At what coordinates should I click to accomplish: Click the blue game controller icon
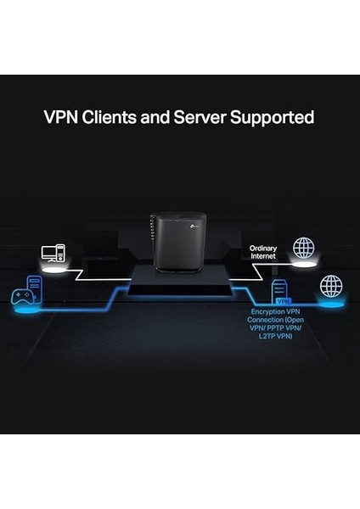[19, 297]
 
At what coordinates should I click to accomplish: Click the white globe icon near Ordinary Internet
[303, 249]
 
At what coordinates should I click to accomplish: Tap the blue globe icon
[330, 286]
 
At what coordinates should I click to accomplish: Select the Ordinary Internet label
[263, 252]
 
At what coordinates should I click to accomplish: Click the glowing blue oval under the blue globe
[330, 302]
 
